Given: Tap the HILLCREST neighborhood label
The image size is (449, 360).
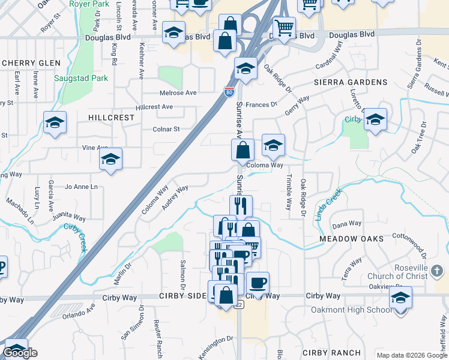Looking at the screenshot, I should click(112, 118).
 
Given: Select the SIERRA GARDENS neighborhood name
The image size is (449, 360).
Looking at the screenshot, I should click(351, 82).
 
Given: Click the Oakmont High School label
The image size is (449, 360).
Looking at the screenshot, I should click(351, 310).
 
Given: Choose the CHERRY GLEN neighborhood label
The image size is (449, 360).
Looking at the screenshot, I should click(31, 63).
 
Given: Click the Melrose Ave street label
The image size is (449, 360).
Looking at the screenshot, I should click(178, 93).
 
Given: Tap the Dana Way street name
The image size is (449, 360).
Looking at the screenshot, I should click(347, 224).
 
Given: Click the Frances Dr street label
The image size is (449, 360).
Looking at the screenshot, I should click(261, 104).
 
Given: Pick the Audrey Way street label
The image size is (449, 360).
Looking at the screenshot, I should click(175, 198).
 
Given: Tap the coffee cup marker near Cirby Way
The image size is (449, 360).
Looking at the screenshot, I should click(258, 283).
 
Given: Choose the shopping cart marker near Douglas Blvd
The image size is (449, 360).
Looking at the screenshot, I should click(284, 26).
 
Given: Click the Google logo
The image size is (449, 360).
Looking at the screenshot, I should click(20, 353).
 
